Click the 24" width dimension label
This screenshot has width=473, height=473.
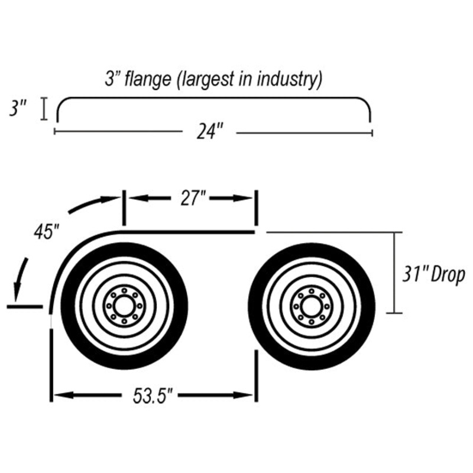click(210, 132)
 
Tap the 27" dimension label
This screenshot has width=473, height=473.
click(193, 198)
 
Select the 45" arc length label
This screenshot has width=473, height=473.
click(46, 232)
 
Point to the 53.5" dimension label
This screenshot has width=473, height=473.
click(153, 396)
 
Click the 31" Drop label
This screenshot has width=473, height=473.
click(434, 275)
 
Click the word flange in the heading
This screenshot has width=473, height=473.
click(148, 79)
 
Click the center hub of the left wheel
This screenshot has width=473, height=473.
click(124, 306)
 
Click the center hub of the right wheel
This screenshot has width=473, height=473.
click(312, 306)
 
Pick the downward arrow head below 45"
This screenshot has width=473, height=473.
click(18, 293)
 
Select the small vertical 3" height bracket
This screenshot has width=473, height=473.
click(44, 109)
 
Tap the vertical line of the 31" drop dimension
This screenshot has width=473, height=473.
click(394, 273)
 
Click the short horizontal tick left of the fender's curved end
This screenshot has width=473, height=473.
click(25, 307)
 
